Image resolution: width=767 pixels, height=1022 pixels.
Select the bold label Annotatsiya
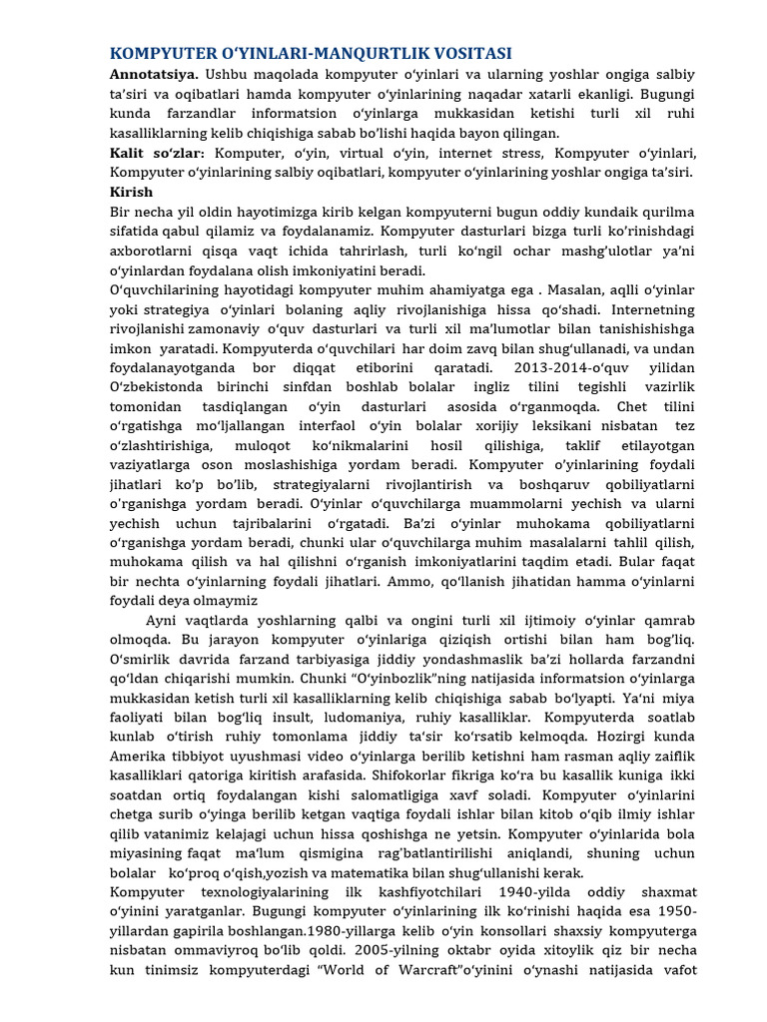coord(154,75)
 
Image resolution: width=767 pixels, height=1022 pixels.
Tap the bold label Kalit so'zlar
coord(157,153)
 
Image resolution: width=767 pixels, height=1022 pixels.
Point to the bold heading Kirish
coord(131,192)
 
